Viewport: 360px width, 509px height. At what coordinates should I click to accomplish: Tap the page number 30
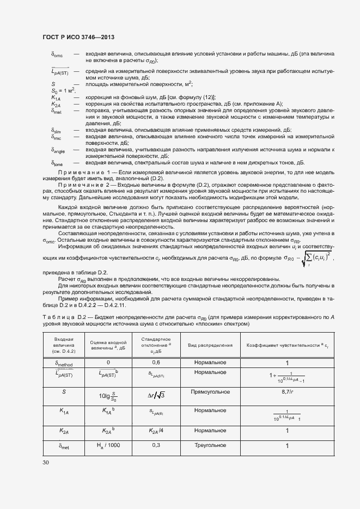pos(45,463)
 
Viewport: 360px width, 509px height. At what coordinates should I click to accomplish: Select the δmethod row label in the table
pos(64,363)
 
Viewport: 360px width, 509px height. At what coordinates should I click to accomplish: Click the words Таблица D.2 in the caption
pos(62,317)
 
